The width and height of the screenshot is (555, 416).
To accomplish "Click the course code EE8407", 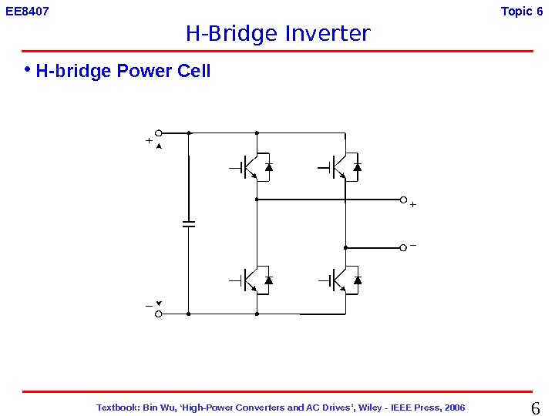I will click(27, 12).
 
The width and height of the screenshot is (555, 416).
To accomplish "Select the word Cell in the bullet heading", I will click(195, 72).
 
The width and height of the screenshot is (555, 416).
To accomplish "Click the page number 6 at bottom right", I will click(536, 408).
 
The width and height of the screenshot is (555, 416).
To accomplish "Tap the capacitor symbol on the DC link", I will click(189, 223).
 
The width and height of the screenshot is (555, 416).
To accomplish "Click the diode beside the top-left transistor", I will click(268, 166).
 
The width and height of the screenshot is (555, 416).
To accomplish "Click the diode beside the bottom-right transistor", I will click(357, 280).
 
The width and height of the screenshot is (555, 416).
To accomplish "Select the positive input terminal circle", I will click(159, 133).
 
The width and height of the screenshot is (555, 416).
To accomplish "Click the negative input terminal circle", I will click(159, 314).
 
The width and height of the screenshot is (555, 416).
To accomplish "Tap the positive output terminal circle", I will click(402, 200).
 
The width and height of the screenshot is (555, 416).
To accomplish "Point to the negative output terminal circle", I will click(402, 248).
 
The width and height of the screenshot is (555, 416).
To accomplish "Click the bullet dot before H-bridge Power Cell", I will click(27, 70).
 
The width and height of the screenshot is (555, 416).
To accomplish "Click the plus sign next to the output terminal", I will click(413, 205).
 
